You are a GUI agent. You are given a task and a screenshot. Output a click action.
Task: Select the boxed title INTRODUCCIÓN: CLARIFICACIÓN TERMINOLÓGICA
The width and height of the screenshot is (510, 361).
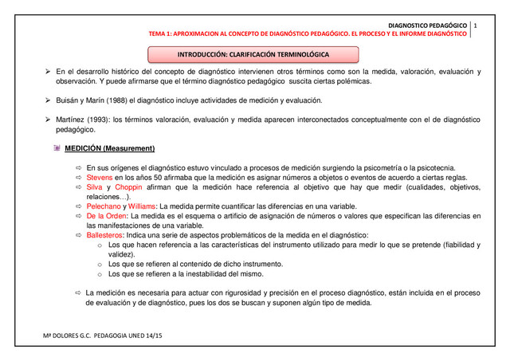click(254, 54)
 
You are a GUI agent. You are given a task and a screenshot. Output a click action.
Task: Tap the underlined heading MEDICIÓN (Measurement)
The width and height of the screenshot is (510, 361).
click(120, 148)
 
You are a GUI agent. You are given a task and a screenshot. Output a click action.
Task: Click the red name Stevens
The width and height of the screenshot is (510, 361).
click(101, 177)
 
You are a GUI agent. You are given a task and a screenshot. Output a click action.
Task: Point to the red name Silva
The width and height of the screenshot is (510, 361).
click(95, 186)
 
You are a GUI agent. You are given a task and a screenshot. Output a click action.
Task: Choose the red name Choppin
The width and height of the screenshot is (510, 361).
click(129, 186)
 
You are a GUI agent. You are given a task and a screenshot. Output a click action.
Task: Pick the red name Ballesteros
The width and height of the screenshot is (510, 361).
click(108, 235)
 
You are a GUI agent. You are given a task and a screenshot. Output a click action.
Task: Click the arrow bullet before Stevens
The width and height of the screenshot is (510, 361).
click(78, 177)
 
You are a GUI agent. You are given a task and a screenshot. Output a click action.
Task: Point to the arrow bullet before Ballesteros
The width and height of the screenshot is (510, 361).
click(78, 235)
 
